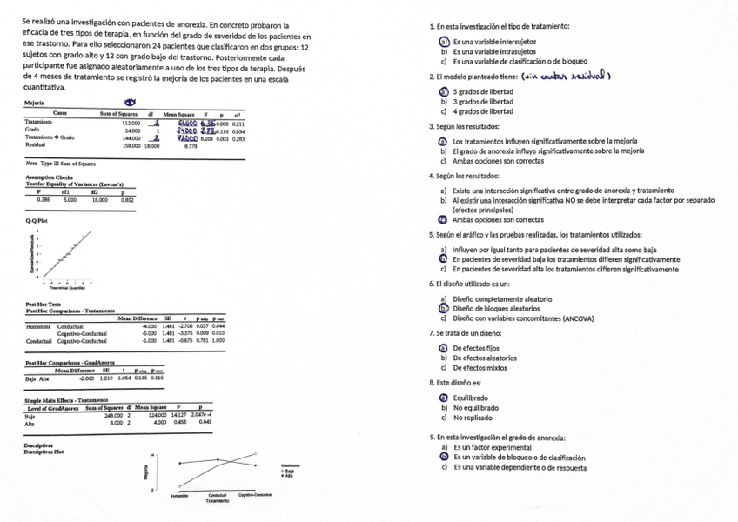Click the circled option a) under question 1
(x=443, y=42)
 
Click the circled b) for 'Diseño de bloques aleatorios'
(x=443, y=308)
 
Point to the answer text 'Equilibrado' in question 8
(x=470, y=398)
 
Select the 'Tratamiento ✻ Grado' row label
(x=50, y=139)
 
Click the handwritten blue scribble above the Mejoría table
(x=133, y=101)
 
